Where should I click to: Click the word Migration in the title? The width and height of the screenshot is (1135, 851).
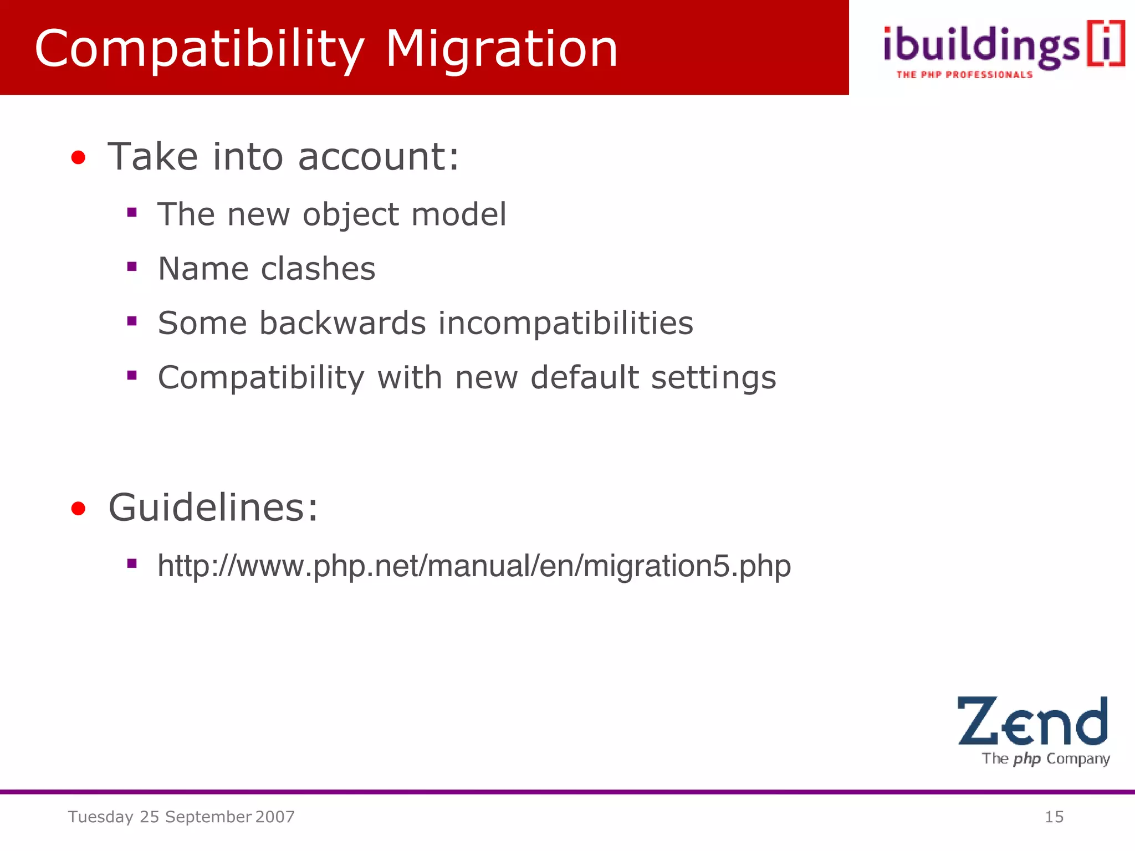click(x=501, y=50)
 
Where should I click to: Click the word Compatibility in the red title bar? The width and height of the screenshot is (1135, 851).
click(x=200, y=50)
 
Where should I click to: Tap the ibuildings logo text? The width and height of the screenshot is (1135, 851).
click(x=981, y=47)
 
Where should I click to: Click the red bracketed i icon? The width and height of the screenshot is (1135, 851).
click(x=1106, y=44)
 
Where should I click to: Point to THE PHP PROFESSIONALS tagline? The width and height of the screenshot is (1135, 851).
click(x=964, y=75)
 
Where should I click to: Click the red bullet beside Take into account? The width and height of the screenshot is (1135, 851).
click(x=78, y=158)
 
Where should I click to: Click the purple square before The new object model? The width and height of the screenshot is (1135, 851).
click(x=132, y=212)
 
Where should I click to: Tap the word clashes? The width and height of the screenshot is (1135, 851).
click(x=318, y=269)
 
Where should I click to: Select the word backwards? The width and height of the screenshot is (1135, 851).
click(x=342, y=323)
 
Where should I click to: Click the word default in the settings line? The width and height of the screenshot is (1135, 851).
click(x=584, y=377)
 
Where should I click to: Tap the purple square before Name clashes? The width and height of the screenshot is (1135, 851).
click(x=132, y=267)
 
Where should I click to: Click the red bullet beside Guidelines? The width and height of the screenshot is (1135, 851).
click(x=78, y=508)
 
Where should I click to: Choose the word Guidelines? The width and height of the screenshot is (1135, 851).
click(x=213, y=507)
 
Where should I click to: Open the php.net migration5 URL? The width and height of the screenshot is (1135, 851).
click(x=474, y=566)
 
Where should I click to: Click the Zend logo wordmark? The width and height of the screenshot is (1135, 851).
click(x=1032, y=721)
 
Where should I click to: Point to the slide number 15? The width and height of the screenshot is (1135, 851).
click(x=1054, y=817)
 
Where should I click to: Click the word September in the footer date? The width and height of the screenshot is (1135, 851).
click(x=208, y=817)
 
